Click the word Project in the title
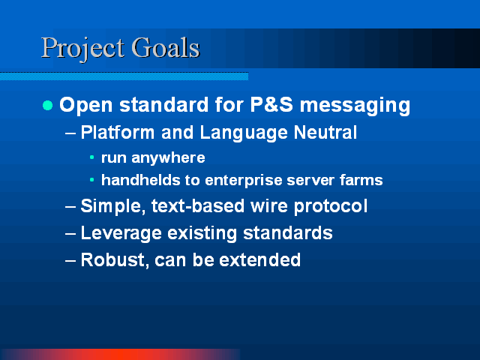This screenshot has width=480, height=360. pos(82,49)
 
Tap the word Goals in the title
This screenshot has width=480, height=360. pos(166,47)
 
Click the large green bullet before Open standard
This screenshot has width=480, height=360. pos(47,105)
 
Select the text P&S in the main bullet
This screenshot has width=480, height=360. pos(271,105)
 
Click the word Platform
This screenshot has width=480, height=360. pos(118,132)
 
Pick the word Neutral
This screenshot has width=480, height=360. pos(325,132)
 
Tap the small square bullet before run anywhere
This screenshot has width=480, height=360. pos(91,157)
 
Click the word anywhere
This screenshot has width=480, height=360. pos(168,158)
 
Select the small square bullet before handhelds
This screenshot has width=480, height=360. pos(91,180)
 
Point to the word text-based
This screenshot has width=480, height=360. pos(198,205)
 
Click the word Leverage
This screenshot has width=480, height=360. pos(121,233)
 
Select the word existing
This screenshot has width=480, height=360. pos(202,233)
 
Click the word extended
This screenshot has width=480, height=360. pos(260,260)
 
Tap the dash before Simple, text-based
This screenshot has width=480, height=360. pos(70,207)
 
